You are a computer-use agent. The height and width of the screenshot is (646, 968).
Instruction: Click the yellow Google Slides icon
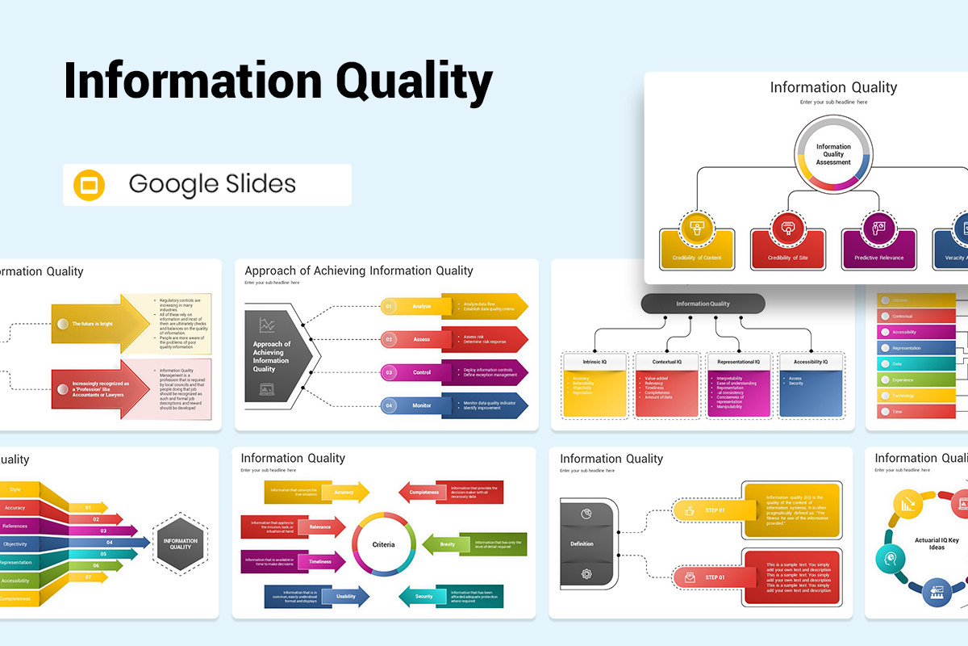point(90,185)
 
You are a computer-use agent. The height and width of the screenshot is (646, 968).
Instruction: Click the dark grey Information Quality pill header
point(703,304)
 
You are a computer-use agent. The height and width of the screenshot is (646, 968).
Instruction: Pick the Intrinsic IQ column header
point(594,362)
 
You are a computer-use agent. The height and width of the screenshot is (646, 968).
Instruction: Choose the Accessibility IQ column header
point(811,362)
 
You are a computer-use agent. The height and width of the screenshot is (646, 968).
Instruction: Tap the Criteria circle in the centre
point(384,544)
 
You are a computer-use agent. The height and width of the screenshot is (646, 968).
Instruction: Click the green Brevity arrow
point(448,544)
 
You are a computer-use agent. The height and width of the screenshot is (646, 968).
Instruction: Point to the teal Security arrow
point(424,596)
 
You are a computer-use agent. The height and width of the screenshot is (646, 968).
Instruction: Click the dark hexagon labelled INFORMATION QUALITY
point(180,543)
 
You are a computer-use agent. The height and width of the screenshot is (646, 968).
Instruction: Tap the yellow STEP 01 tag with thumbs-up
point(707,510)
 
